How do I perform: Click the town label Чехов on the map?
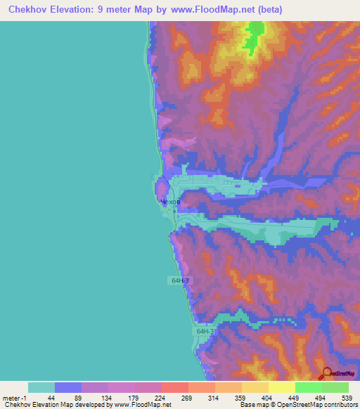tap(170, 202)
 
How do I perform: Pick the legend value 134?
tap(107, 398)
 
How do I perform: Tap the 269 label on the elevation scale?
tap(188, 398)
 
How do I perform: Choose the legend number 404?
tap(268, 398)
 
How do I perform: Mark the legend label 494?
tap(321, 398)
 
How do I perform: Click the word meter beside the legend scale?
tap(11, 398)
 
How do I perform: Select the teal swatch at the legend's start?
tap(41, 387)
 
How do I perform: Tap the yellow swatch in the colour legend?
tap(281, 387)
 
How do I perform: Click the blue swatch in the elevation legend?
tap(68, 387)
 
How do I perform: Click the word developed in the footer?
tap(92, 405)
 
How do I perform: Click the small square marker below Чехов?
tap(174, 209)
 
